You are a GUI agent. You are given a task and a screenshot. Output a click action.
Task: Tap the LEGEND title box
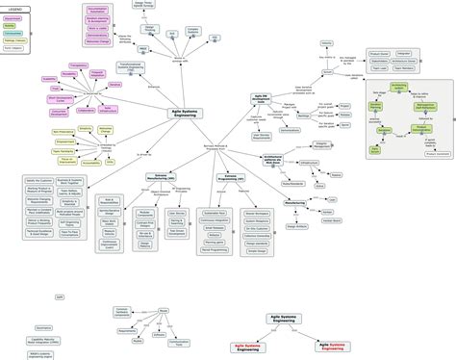(17, 8)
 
